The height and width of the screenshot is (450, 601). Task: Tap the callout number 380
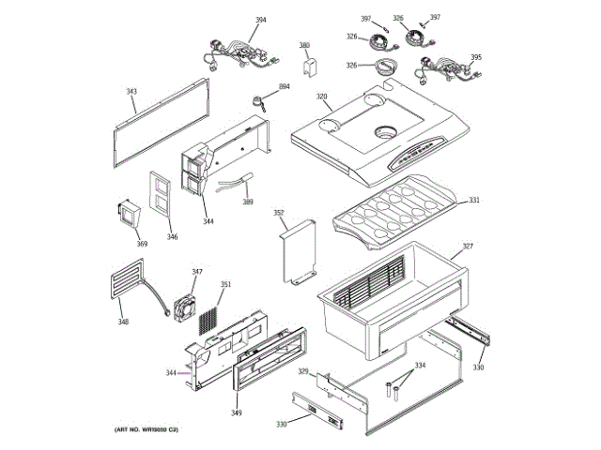tap(304, 45)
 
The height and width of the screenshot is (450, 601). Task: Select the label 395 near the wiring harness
tap(476, 57)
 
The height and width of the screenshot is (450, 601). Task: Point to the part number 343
tap(131, 92)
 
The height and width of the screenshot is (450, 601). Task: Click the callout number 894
tap(284, 87)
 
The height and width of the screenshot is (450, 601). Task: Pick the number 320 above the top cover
tap(321, 97)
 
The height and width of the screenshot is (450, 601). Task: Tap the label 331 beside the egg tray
tap(474, 200)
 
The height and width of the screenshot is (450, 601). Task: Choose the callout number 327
tap(467, 248)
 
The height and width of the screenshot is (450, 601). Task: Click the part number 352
tap(279, 213)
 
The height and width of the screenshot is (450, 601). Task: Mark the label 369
tap(142, 244)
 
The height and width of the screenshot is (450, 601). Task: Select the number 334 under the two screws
tap(420, 365)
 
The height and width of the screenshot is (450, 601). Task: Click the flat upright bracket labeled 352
tap(300, 251)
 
